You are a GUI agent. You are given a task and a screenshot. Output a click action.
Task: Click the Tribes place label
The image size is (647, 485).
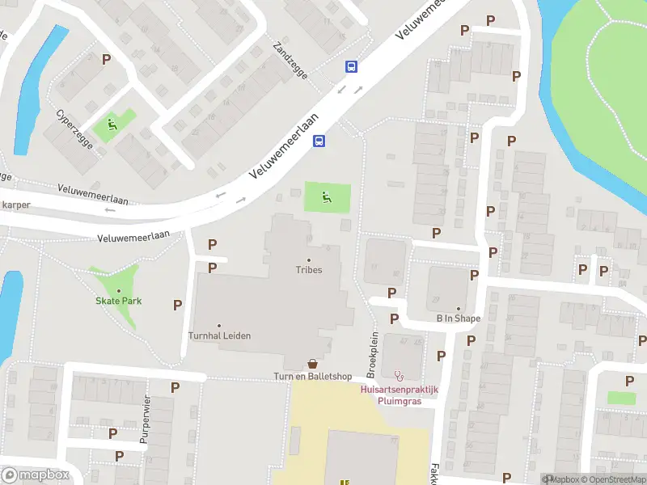(x=308, y=270)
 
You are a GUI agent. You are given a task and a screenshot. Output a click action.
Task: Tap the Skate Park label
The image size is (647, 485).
(x=119, y=301)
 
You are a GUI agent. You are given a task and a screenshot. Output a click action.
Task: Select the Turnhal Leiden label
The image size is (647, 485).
(x=218, y=335)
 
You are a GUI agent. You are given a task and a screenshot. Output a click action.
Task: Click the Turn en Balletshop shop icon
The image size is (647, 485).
(x=312, y=365)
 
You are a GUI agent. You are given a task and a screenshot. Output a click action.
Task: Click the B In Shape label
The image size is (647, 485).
(x=458, y=318)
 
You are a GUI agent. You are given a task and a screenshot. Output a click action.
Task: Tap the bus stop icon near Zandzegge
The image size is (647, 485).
(x=352, y=67)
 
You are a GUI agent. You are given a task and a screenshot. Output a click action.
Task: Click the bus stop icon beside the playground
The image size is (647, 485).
(x=319, y=141)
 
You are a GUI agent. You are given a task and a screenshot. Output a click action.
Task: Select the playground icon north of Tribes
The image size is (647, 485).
(x=328, y=196)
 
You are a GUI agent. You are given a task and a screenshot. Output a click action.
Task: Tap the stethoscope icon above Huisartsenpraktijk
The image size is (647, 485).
(x=398, y=376)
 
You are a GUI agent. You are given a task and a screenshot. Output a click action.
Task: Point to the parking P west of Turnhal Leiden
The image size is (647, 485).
(x=177, y=305)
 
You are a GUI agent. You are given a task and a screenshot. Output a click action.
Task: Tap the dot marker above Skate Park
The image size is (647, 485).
(x=119, y=290)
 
